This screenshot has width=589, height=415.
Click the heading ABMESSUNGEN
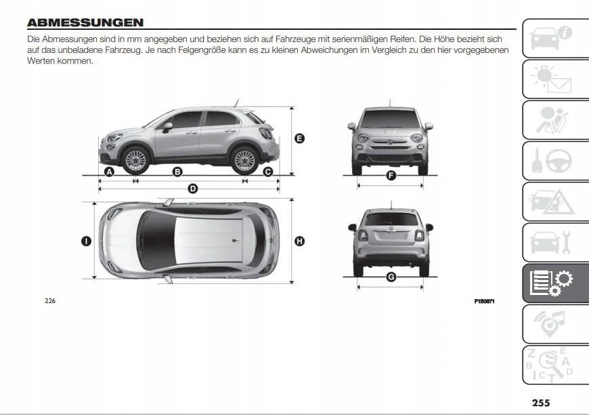coord(85,22)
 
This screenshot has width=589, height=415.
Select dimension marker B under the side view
coord(177,172)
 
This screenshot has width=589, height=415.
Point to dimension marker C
coord(267,172)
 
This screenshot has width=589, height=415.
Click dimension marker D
coord(192,188)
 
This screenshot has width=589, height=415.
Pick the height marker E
coord(299,138)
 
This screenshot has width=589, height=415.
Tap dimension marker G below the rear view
coord(391,277)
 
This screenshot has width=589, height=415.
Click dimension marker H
coord(299,240)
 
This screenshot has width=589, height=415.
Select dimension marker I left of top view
coord(87,240)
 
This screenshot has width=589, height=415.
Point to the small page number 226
coord(49,301)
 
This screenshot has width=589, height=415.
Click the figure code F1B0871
coord(484,301)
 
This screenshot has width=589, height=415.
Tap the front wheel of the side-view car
coord(135,160)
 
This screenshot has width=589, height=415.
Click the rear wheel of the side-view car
coord(244,160)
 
